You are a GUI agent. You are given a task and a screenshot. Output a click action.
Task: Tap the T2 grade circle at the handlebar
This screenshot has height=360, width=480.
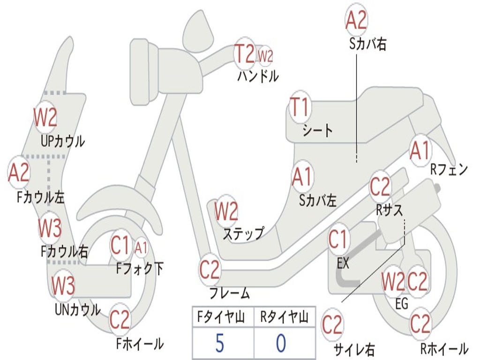[x=245, y=54]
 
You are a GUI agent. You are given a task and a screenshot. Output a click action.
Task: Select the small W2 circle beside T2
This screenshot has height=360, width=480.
[x=265, y=56]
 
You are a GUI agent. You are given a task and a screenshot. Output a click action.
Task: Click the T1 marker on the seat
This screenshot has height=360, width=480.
[x=300, y=108]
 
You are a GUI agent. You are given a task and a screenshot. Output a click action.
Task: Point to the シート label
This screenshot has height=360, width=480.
[x=317, y=130]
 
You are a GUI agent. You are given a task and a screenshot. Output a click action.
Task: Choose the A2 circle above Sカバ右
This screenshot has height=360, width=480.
[x=356, y=20]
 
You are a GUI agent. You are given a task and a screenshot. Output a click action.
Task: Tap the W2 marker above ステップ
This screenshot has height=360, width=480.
[x=226, y=211]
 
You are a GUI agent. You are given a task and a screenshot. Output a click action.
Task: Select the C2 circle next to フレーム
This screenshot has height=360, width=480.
[x=210, y=270]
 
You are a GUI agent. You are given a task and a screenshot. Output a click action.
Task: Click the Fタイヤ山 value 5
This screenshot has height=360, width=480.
[x=220, y=343]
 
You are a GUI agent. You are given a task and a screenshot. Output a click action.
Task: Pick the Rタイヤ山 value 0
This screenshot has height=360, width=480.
[x=281, y=343]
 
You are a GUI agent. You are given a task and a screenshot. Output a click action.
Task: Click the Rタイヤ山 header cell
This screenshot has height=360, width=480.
[x=284, y=317]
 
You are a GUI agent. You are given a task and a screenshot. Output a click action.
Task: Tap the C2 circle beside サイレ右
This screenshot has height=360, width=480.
[x=332, y=324]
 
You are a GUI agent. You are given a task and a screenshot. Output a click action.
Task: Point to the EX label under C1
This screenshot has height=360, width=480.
[x=343, y=263]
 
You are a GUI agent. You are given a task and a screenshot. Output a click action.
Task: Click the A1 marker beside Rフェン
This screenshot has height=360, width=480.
[x=420, y=151]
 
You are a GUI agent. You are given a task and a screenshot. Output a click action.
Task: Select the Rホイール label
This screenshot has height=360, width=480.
[x=443, y=349]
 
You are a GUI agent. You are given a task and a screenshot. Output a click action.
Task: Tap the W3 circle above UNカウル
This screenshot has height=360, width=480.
[x=63, y=285]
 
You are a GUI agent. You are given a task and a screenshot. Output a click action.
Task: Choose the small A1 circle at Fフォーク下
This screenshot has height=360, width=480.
[x=141, y=248]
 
